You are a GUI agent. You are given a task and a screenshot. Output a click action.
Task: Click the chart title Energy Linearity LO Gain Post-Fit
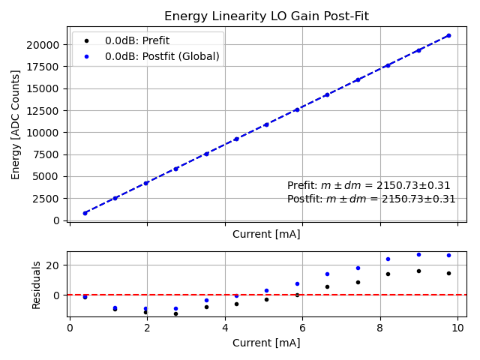tap(266, 16)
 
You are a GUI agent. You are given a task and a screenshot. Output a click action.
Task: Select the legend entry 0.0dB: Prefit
tap(136, 40)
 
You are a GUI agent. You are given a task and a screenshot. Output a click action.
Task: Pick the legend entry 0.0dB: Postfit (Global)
tap(162, 55)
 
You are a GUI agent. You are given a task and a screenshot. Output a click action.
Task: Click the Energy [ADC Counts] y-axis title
tap(16, 124)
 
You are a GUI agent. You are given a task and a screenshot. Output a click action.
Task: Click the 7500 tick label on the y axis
tap(46, 154)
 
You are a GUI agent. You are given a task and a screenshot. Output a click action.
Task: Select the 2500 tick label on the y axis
tap(46, 199)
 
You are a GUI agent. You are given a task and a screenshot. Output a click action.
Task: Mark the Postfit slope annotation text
tap(371, 199)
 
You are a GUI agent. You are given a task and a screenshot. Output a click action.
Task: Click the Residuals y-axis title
tap(37, 285)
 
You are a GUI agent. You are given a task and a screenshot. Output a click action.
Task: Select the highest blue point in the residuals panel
tap(418, 254)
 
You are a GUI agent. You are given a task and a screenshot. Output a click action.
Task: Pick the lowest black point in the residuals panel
tap(175, 313)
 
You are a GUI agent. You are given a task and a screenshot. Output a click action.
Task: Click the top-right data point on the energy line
tap(448, 35)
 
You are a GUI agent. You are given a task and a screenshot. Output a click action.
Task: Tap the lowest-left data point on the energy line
tap(85, 213)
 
